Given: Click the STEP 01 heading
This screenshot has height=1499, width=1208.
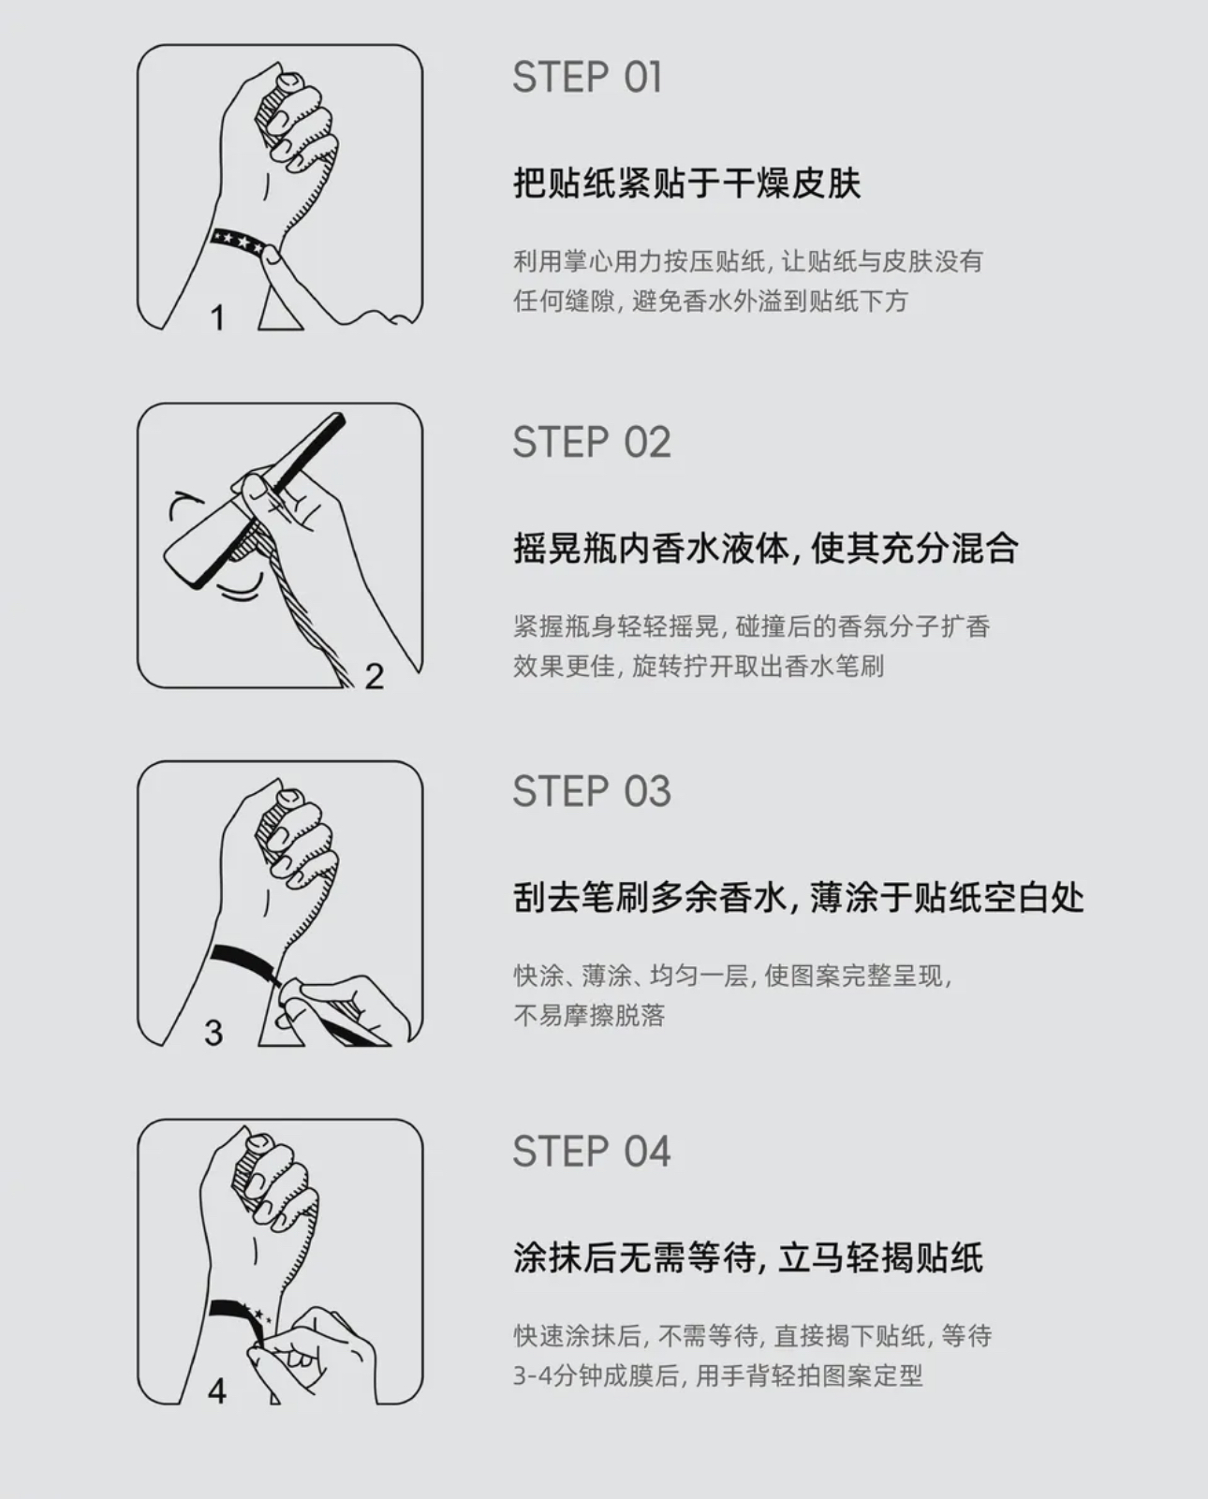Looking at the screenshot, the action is (586, 78).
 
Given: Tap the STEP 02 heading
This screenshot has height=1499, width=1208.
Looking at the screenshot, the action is (592, 442).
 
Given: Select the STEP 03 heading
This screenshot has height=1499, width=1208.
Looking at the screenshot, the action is (592, 791).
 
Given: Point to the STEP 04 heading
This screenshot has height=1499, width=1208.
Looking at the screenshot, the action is (592, 1152).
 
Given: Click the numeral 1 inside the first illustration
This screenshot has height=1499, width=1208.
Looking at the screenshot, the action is (218, 317).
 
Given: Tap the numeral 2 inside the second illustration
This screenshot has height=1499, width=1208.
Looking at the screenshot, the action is (374, 676).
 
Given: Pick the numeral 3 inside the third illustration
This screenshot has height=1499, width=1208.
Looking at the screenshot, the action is (214, 1033).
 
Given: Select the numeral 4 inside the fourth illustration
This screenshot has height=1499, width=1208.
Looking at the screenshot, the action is (216, 1391).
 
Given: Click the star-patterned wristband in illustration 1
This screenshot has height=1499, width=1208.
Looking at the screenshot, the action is (238, 242).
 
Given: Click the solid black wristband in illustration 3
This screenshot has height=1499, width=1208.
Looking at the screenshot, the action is (242, 961).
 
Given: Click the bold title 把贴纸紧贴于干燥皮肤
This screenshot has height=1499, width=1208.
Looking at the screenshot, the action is (687, 184).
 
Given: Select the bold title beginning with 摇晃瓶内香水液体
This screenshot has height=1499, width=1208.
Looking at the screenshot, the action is (766, 548).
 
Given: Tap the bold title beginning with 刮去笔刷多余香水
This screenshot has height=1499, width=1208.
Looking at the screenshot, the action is (799, 897).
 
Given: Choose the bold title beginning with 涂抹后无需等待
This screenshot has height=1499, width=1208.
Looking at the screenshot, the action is (748, 1257).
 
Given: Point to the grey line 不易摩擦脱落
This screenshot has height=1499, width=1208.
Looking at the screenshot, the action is (589, 1016).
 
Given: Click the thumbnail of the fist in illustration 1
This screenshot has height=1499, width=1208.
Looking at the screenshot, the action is (287, 81).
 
